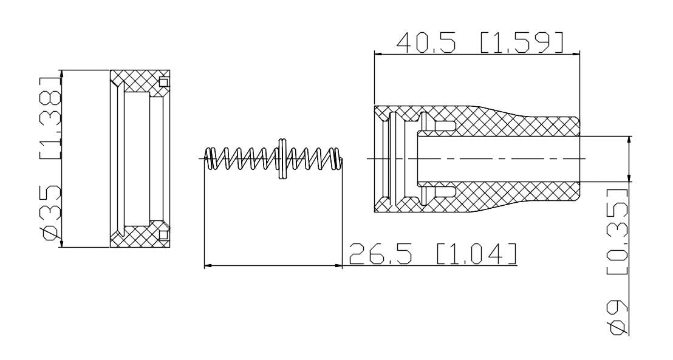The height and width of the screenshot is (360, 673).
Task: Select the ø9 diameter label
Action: point(618,316)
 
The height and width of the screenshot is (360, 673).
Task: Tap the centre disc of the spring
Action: point(282,159)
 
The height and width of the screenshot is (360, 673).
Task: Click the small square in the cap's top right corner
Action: point(163,81)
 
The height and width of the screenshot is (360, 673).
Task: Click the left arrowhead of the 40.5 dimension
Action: point(378,54)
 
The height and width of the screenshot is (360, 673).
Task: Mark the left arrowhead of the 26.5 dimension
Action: point(207,265)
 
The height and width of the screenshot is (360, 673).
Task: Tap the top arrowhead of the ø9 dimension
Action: point(628,140)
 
